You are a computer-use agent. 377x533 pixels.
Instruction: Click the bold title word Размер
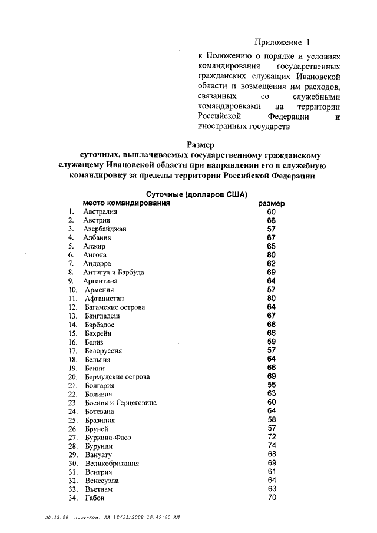[x=201, y=144]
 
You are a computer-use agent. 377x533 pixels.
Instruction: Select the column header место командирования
[x=127, y=203]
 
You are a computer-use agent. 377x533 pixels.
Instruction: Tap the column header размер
[x=272, y=203]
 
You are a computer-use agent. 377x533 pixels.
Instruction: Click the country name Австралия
[x=101, y=211]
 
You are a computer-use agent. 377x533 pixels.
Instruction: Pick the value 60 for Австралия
[x=271, y=211]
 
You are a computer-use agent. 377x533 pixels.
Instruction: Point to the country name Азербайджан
[x=105, y=229]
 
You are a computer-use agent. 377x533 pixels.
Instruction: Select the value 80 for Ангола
[x=271, y=255]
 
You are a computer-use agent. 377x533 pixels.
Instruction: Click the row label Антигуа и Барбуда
[x=114, y=273]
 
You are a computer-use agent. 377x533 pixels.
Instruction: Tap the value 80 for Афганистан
[x=271, y=298]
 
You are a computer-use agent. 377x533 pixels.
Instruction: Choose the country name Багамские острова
[x=114, y=307]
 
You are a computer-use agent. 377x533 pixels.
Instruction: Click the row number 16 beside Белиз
[x=73, y=342]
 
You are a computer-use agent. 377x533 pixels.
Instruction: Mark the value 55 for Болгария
[x=271, y=385]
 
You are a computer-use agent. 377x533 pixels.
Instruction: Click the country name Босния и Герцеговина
[x=120, y=403]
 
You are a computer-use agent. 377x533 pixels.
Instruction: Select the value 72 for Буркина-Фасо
[x=271, y=437]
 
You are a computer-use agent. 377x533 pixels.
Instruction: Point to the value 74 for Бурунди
[x=271, y=446]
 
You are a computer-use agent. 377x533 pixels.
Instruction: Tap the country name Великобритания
[x=111, y=464]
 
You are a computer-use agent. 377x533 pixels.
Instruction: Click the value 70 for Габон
[x=271, y=498]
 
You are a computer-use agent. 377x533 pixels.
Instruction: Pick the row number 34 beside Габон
[x=73, y=498]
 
